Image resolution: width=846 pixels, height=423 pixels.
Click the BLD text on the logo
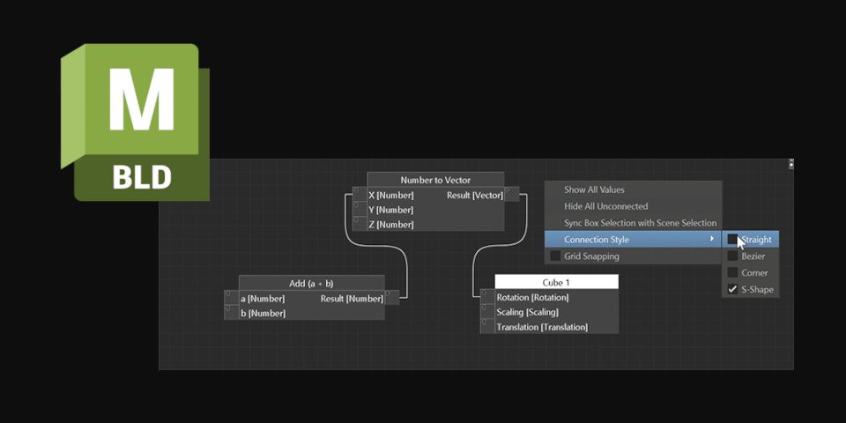click(141, 174)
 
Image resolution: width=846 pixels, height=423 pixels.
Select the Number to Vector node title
click(435, 180)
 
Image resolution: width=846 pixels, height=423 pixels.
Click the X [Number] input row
click(390, 195)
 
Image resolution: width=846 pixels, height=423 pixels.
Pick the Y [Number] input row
click(390, 210)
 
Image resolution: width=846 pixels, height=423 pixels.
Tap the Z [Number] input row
click(390, 225)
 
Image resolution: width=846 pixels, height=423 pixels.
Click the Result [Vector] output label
click(474, 195)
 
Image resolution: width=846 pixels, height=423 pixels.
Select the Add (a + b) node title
click(311, 283)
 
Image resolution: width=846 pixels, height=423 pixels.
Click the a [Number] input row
click(263, 299)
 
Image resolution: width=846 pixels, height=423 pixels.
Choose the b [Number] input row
click(263, 313)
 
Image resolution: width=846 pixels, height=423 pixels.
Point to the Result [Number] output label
click(351, 299)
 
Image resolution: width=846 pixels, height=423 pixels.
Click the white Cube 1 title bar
click(556, 282)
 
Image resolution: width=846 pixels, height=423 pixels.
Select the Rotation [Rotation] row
click(532, 298)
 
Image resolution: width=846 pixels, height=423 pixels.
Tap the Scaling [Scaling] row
click(527, 312)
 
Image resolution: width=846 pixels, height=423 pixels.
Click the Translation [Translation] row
click(542, 327)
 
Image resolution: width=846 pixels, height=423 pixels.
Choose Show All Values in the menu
click(594, 189)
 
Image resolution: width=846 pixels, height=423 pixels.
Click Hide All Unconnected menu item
click(605, 206)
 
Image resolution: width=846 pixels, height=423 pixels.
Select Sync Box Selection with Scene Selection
click(640, 223)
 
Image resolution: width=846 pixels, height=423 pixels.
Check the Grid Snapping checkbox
click(555, 256)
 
